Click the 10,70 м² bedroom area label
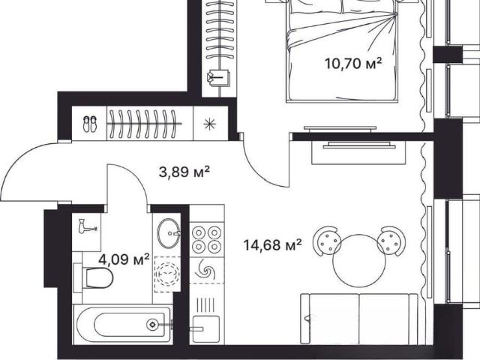353,64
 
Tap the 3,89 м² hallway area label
184,172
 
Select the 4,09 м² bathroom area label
124,259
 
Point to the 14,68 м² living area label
273,245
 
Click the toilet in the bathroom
95,277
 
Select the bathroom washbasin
168,232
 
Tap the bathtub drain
152,324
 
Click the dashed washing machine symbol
167,274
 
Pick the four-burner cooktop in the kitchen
207,239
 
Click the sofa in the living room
359,319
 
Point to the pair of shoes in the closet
89,124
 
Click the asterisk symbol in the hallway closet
210,124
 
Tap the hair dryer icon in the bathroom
87,226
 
